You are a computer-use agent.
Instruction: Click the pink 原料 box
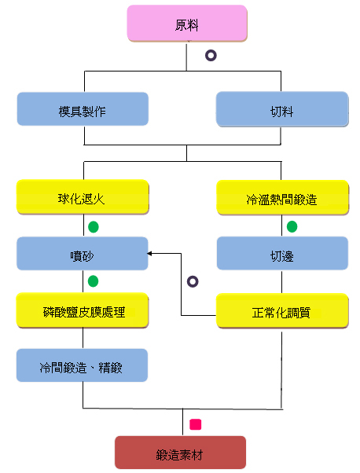point(187,24)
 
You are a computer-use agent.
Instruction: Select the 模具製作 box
point(83,109)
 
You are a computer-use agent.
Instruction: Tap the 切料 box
point(282,109)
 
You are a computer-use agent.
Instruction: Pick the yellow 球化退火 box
point(83,197)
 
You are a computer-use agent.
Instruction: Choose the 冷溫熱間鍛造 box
point(282,197)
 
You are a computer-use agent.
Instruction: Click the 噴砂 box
point(83,253)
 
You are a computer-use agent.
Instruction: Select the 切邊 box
point(282,253)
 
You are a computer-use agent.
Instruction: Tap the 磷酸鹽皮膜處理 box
point(83,310)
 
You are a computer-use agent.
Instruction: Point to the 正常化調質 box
point(282,310)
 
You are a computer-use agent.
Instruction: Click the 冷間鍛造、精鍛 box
point(82,365)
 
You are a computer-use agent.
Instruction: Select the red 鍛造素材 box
point(181,453)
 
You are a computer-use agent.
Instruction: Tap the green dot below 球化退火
point(94,227)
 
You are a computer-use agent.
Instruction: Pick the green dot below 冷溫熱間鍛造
point(292,226)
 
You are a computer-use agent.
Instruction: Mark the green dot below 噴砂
point(93,281)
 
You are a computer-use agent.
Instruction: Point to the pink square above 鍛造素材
point(195,424)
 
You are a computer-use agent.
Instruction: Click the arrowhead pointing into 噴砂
point(149,253)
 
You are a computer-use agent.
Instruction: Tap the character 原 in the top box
point(181,25)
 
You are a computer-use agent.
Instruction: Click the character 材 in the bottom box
point(197,455)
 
